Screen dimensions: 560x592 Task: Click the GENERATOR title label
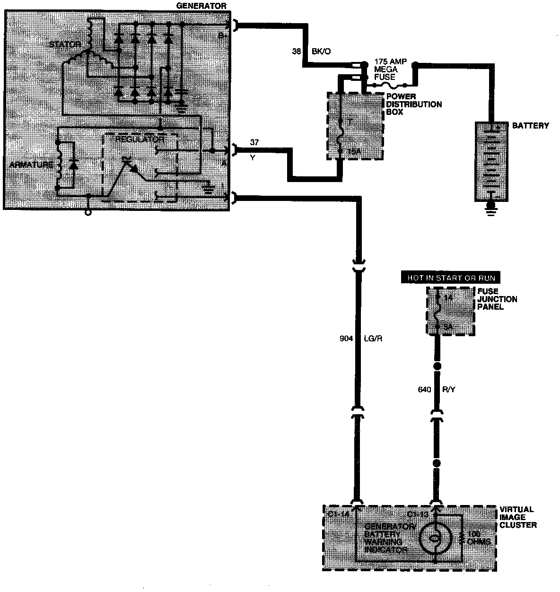click(201, 6)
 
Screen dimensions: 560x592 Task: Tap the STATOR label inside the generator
click(65, 44)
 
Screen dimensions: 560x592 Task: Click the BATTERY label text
click(531, 126)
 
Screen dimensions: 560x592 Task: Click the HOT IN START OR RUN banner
click(451, 278)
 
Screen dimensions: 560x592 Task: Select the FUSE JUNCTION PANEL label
click(497, 299)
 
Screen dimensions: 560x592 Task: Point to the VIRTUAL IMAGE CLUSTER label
click(518, 517)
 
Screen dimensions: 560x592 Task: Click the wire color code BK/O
click(321, 52)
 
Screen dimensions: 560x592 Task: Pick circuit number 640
click(425, 390)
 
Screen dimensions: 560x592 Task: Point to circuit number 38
click(297, 52)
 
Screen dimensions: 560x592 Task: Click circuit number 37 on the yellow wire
click(254, 142)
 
